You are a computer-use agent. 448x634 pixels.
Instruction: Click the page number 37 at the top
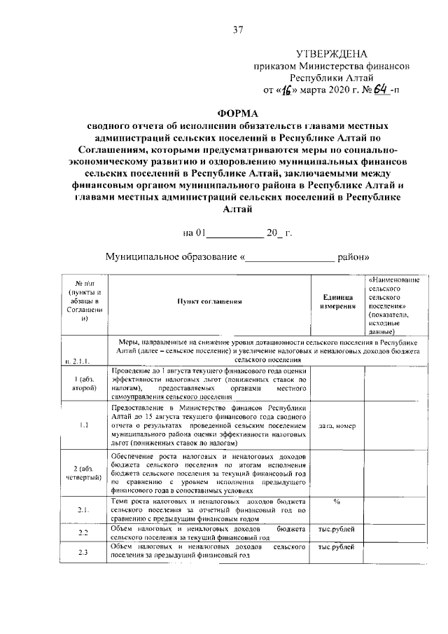pos(237,29)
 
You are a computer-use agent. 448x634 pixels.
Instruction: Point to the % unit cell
pos(337,502)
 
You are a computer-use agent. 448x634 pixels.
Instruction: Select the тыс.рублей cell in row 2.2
pos(337,528)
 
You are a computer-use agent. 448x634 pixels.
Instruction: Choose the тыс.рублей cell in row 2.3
pos(337,546)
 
